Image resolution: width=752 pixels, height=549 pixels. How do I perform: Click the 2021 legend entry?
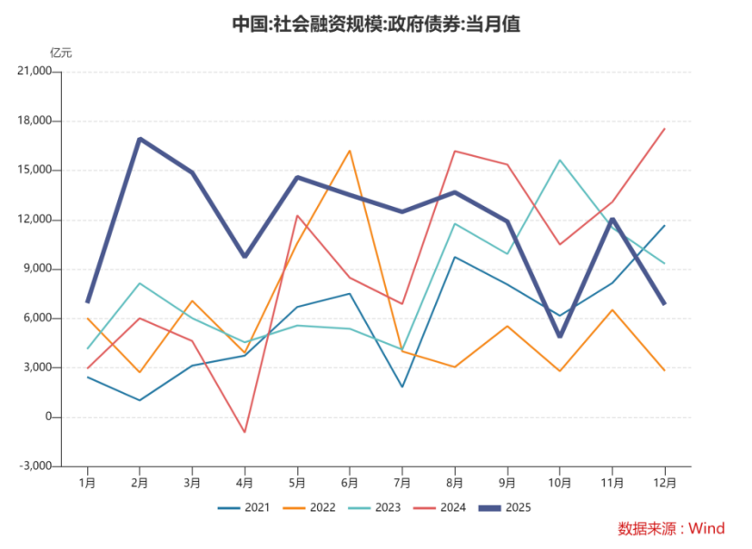click(x=248, y=507)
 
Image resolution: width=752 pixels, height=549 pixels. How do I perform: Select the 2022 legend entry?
click(x=312, y=507)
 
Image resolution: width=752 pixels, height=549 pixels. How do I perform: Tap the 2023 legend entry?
click(x=378, y=507)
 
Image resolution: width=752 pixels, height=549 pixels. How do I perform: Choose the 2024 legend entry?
click(x=442, y=507)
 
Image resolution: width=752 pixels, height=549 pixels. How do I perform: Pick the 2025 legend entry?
click(x=508, y=507)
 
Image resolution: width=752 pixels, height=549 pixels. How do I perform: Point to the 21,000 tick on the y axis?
click(x=36, y=72)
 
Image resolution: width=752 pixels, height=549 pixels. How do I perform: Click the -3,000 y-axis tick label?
click(x=36, y=466)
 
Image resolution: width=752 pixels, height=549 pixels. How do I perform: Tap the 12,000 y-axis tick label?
click(x=36, y=220)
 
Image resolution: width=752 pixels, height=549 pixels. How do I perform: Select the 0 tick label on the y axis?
click(x=49, y=417)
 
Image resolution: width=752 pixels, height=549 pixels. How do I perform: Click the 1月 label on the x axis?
click(x=88, y=482)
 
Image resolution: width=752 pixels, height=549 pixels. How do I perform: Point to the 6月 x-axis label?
click(x=350, y=482)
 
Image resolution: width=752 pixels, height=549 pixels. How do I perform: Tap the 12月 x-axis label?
click(x=664, y=482)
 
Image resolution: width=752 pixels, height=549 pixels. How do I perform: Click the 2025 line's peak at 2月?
click(x=140, y=139)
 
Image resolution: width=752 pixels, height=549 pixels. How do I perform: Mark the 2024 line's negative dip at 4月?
click(x=244, y=432)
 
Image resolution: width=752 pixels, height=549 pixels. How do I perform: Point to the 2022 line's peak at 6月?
click(x=350, y=151)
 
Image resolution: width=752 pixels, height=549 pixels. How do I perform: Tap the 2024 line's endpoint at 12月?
click(x=664, y=129)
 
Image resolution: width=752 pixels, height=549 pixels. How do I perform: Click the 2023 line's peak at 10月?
click(x=559, y=161)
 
